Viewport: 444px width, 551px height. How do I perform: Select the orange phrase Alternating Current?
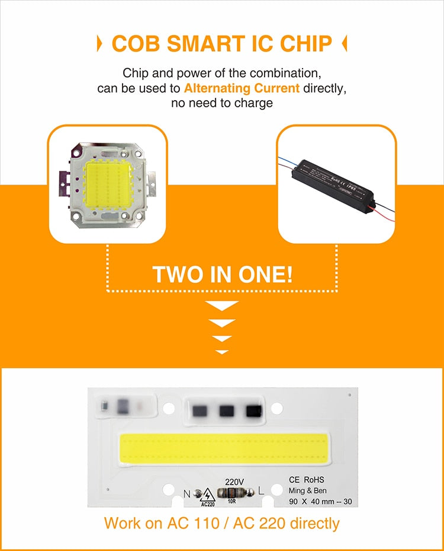[242, 88]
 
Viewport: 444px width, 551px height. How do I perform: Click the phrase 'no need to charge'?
[221, 103]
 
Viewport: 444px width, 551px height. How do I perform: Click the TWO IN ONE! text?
[221, 275]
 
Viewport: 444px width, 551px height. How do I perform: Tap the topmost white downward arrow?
[222, 306]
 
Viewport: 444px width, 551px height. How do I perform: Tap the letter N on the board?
[187, 492]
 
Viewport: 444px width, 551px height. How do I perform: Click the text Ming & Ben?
[307, 491]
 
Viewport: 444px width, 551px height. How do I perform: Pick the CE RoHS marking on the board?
[306, 479]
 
